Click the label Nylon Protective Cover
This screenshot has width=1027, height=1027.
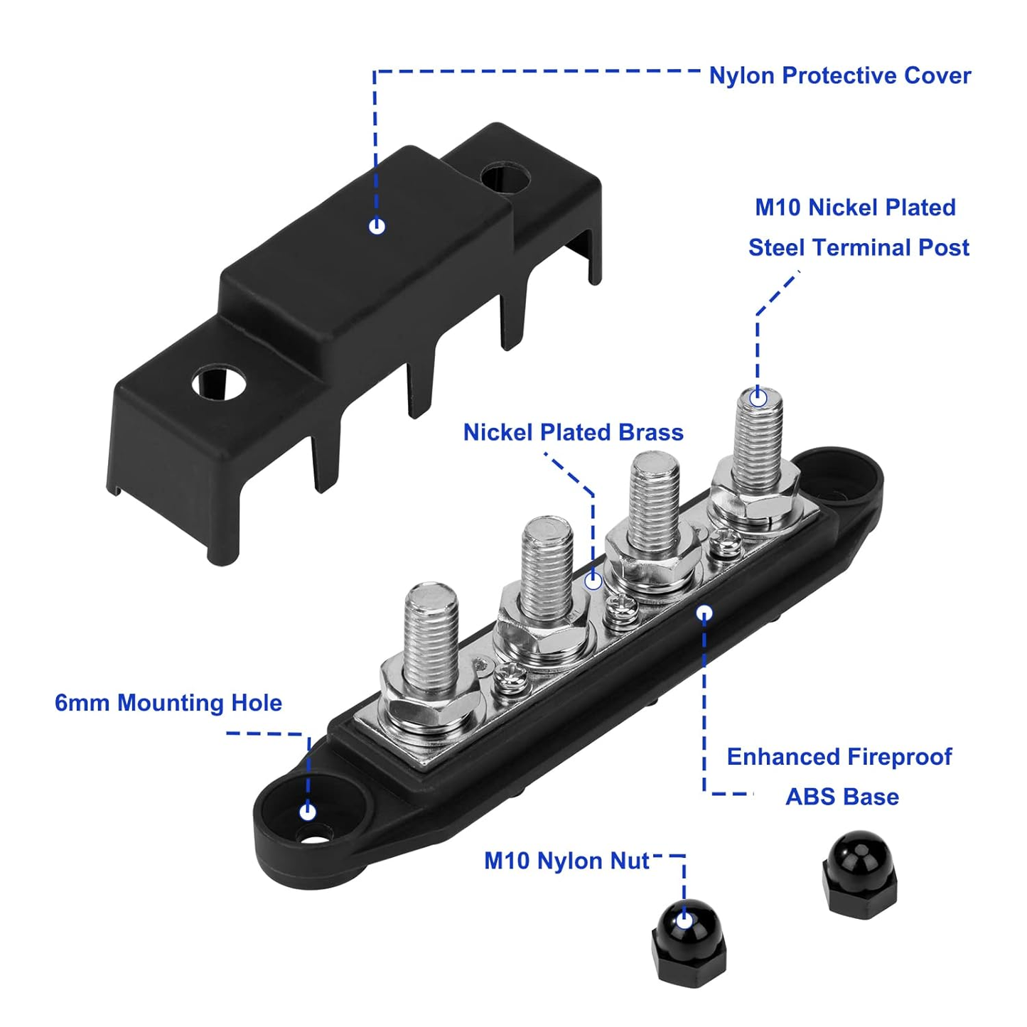click(839, 75)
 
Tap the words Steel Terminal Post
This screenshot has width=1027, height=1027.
click(859, 247)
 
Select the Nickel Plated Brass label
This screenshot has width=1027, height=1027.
click(573, 432)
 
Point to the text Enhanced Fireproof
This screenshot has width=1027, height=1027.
click(839, 756)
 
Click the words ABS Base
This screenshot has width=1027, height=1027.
click(842, 797)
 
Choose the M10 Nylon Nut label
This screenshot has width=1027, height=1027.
click(566, 861)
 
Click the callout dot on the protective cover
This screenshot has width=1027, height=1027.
click(377, 226)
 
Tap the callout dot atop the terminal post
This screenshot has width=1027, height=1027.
click(758, 398)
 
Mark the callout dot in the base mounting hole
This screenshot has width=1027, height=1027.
click(307, 811)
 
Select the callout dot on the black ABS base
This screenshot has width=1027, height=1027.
click(704, 613)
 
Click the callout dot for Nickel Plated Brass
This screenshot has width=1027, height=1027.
click(593, 581)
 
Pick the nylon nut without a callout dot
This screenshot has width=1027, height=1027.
click(859, 873)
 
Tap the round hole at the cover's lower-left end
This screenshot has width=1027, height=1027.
click(218, 385)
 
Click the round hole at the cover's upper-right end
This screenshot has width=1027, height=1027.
click(505, 177)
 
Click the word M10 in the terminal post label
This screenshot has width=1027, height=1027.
click(778, 208)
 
